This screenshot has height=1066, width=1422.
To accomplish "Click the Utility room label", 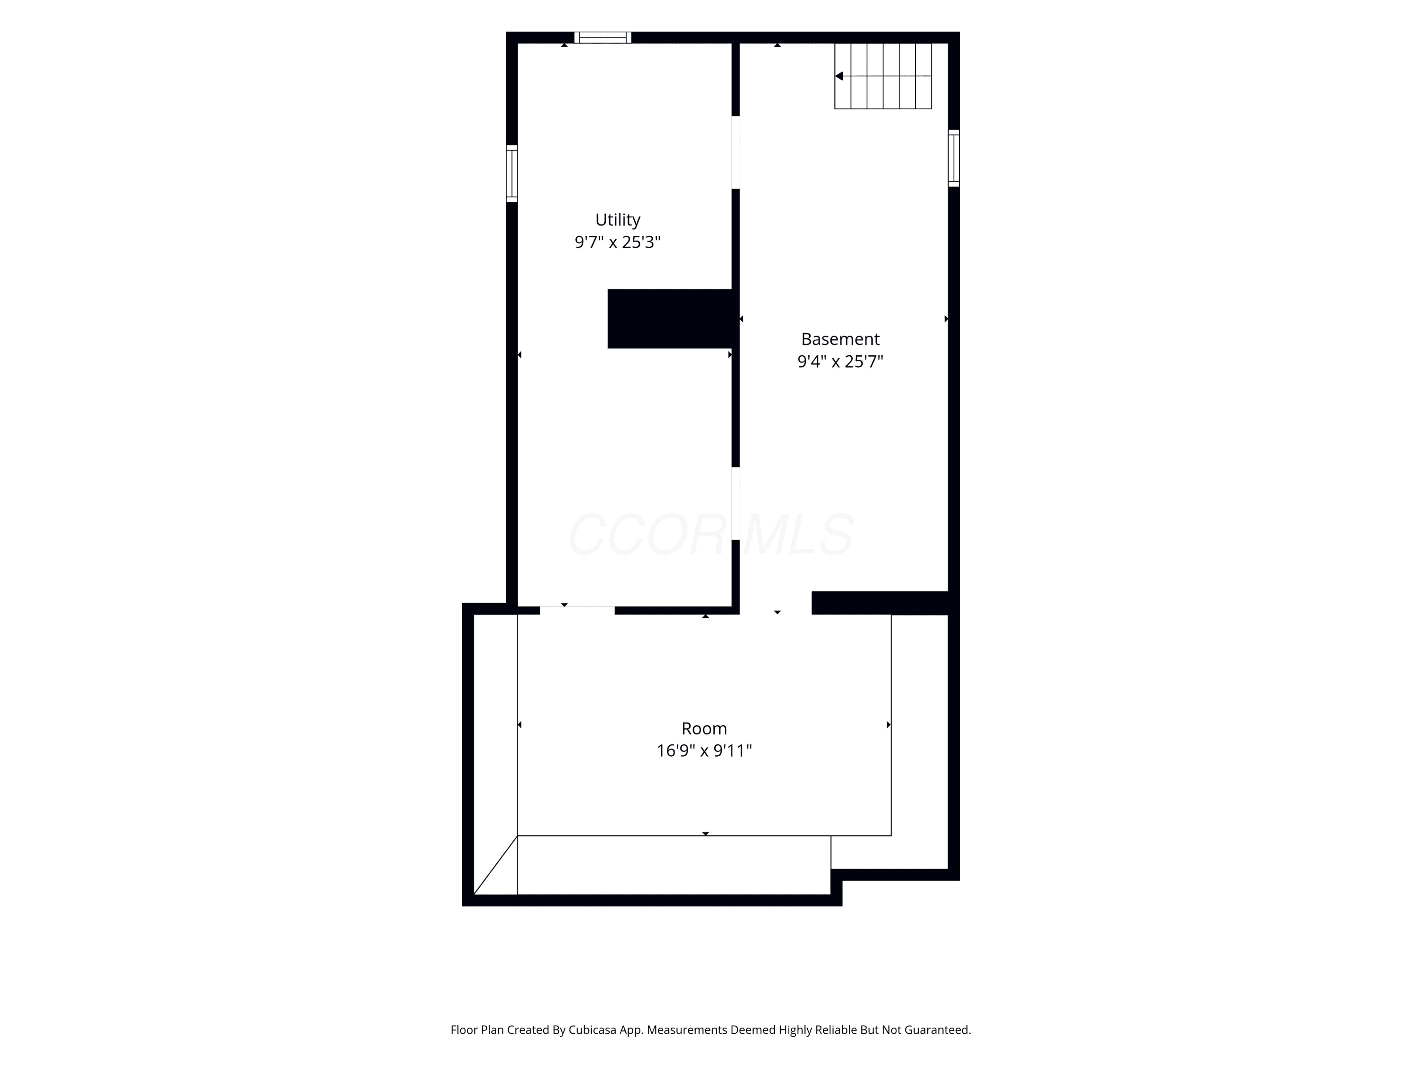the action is pyautogui.click(x=617, y=220).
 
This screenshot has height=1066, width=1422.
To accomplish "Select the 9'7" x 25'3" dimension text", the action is pyautogui.click(x=617, y=242).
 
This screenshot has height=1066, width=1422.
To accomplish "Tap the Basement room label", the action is pyautogui.click(x=840, y=339).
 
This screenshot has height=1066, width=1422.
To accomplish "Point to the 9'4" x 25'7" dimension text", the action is pyautogui.click(x=840, y=361).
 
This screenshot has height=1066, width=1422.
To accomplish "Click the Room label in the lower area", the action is pyautogui.click(x=704, y=728).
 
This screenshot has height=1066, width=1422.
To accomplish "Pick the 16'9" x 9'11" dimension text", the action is pyautogui.click(x=704, y=750).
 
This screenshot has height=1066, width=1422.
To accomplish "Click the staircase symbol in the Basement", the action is pyautogui.click(x=883, y=76).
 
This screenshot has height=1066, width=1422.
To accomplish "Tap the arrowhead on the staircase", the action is pyautogui.click(x=839, y=76).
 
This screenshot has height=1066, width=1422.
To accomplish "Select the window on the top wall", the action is pyautogui.click(x=602, y=37).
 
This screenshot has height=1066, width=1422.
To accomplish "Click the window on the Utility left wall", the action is pyautogui.click(x=512, y=173).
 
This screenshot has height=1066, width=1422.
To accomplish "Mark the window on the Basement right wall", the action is pyautogui.click(x=954, y=158).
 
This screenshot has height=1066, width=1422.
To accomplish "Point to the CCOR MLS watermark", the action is pyautogui.click(x=711, y=534).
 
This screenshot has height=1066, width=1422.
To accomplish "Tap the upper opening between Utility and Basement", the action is pyautogui.click(x=736, y=152).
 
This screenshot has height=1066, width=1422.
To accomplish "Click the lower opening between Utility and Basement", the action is pyautogui.click(x=736, y=503).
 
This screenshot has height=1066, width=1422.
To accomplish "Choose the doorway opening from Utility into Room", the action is pyautogui.click(x=577, y=610).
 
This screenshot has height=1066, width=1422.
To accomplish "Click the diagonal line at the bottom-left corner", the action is pyautogui.click(x=496, y=865).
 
